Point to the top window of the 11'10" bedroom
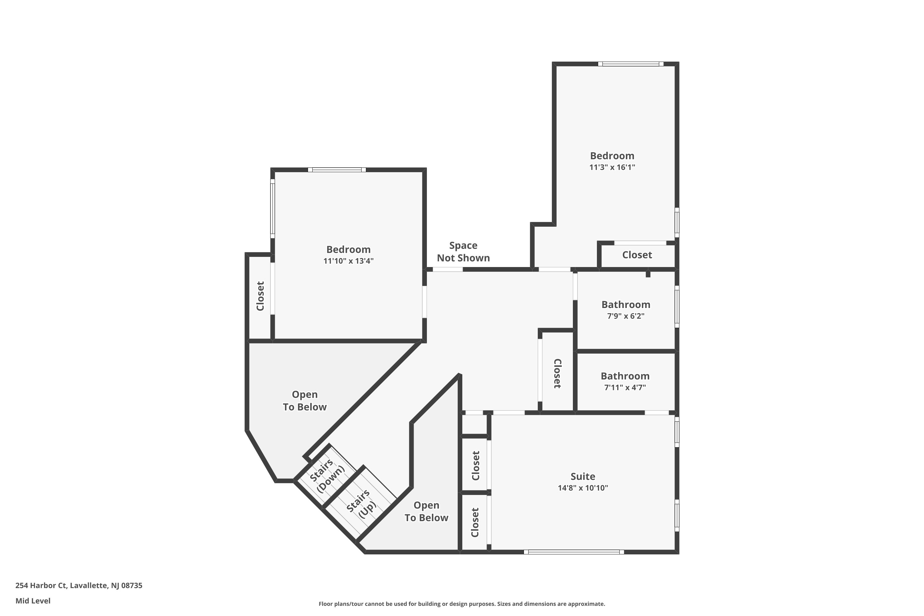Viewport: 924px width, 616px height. pyautogui.click(x=337, y=170)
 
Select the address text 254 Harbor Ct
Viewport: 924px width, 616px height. pyautogui.click(x=79, y=586)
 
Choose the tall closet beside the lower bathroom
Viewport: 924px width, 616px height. pyautogui.click(x=557, y=373)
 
